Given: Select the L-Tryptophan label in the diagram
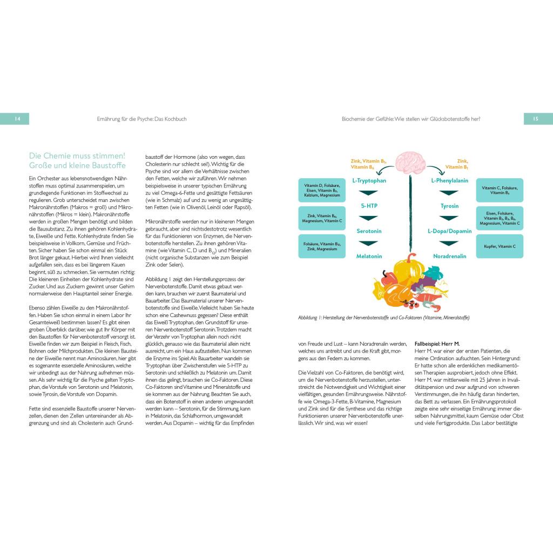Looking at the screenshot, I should [369, 181].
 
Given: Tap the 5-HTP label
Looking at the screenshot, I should [369, 206].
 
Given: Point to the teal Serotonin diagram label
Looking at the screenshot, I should [369, 231].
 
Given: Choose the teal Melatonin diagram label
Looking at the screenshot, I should [369, 256].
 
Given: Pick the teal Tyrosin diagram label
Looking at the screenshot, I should [449, 206].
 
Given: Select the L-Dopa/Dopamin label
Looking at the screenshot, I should [449, 231].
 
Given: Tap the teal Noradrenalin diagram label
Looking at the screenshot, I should [449, 256].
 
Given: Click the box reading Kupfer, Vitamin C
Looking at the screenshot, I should [499, 246].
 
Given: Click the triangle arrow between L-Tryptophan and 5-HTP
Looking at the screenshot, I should [369, 193].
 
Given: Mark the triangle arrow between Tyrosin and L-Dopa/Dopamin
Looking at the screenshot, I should [449, 218].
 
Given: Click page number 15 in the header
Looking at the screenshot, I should [536, 119].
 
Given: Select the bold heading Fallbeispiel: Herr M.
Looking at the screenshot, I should [437, 344].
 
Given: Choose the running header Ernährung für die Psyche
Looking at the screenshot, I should [141, 119].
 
